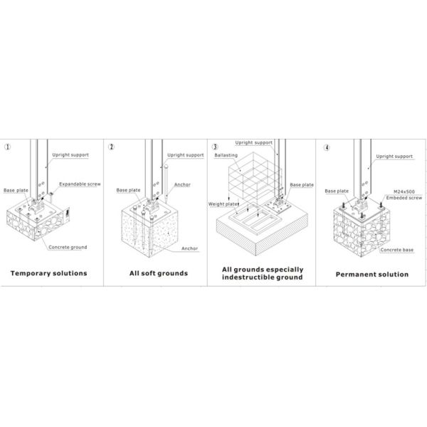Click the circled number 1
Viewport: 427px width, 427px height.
pyautogui.click(x=7, y=147)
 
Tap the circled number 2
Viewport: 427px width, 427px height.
pyautogui.click(x=111, y=147)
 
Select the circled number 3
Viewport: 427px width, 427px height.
pyautogui.click(x=215, y=147)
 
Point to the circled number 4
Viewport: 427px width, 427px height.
pyautogui.click(x=327, y=148)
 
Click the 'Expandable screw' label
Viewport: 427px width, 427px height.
pyautogui.click(x=80, y=184)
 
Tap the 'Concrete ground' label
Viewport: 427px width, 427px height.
pyautogui.click(x=68, y=247)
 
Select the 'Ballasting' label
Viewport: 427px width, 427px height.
pyautogui.click(x=226, y=155)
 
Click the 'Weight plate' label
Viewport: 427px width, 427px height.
pyautogui.click(x=223, y=204)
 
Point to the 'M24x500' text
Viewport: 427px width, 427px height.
pyautogui.click(x=404, y=191)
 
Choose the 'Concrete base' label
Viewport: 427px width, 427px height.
pyautogui.click(x=397, y=250)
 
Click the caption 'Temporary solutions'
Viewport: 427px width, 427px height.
pyautogui.click(x=48, y=273)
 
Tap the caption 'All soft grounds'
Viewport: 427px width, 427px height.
pyautogui.click(x=159, y=273)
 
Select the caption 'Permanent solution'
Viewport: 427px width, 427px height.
pyautogui.click(x=372, y=274)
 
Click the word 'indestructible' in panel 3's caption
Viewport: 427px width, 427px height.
pyautogui.click(x=248, y=278)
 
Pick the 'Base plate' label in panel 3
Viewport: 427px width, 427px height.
pyautogui.click(x=302, y=184)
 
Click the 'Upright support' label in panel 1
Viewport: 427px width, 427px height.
pyautogui.click(x=70, y=155)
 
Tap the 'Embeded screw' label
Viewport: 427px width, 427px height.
pyautogui.click(x=404, y=198)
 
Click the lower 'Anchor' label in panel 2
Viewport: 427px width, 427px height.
pyautogui.click(x=189, y=248)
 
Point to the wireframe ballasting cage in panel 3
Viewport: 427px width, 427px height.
pyautogui.click(x=255, y=177)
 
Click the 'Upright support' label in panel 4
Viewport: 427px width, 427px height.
pyautogui.click(x=394, y=157)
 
